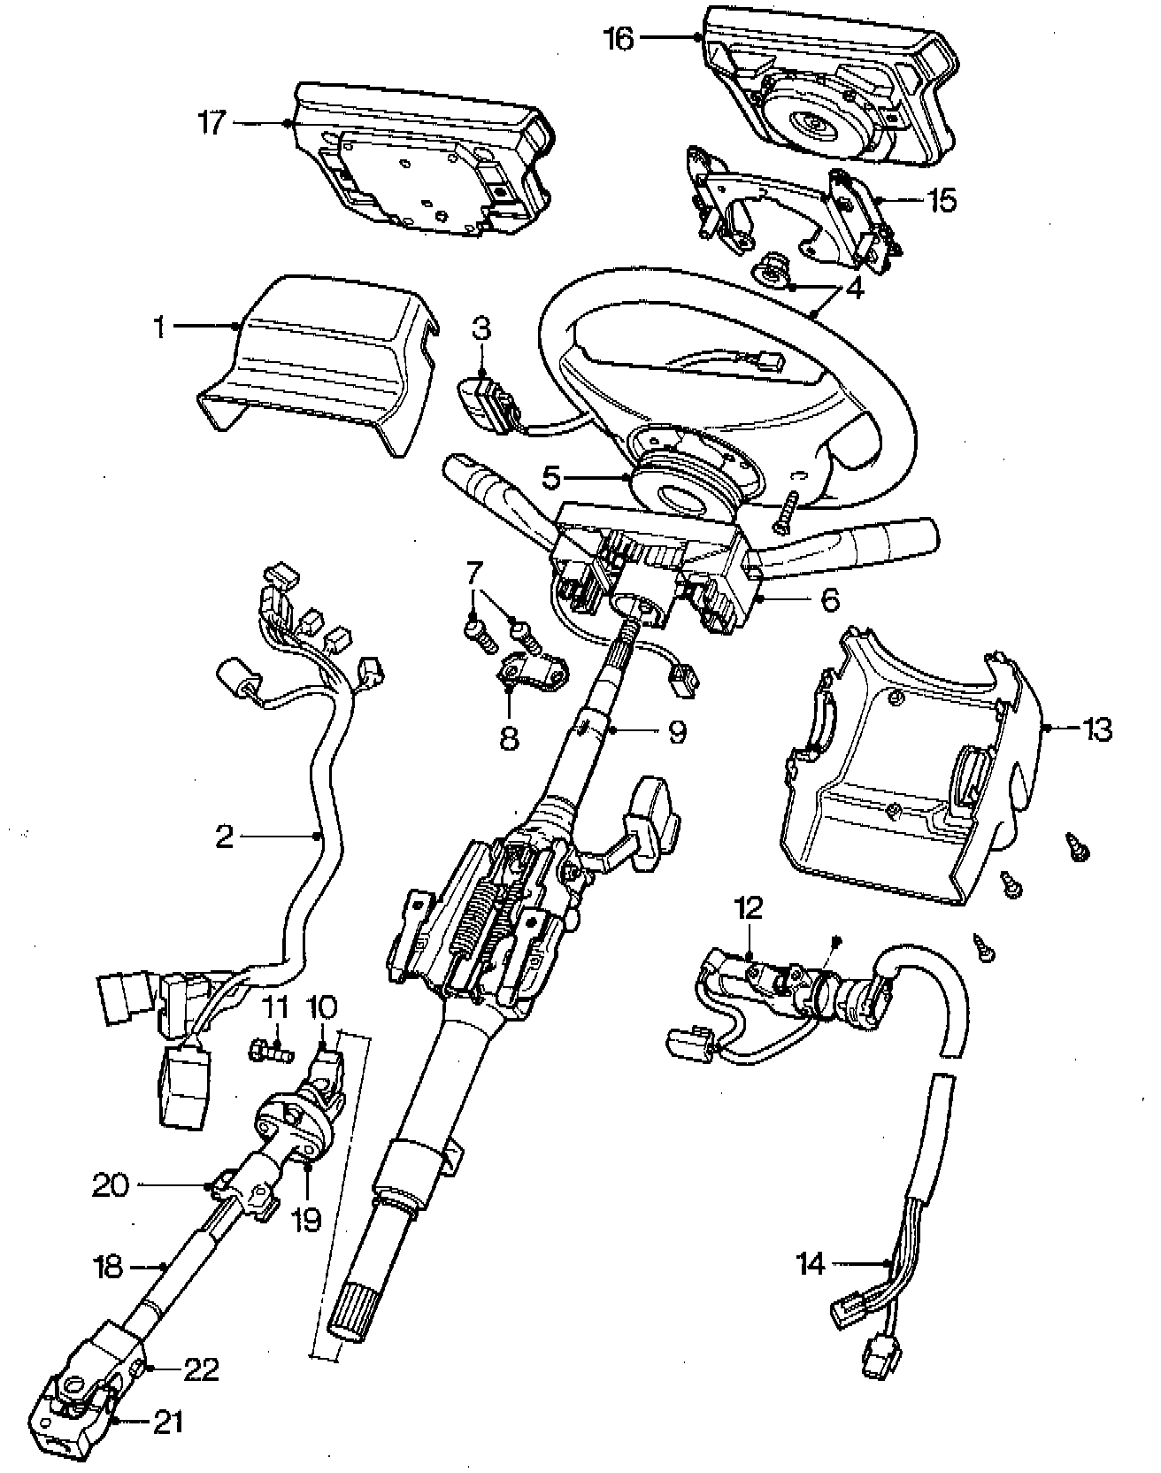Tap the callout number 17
click(213, 123)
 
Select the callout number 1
click(159, 328)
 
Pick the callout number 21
click(168, 1423)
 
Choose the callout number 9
click(677, 733)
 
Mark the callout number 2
click(224, 836)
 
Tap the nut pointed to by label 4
click(776, 273)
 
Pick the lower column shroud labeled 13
click(903, 806)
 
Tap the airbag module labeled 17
click(416, 164)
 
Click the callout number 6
click(829, 601)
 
